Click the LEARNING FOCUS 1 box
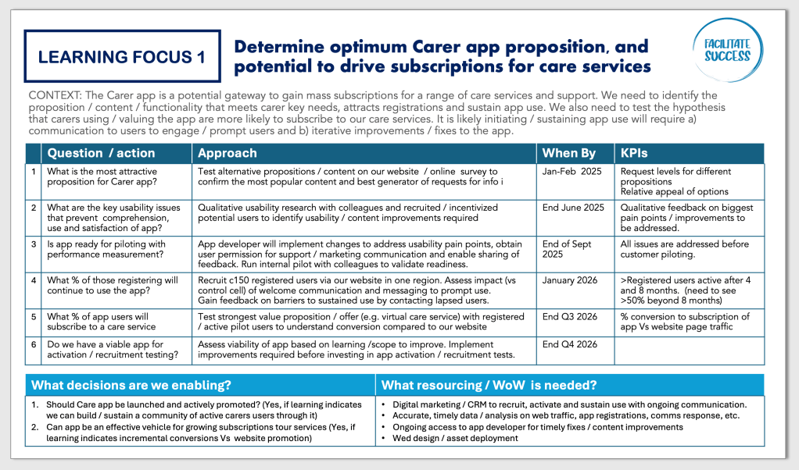coord(122,56)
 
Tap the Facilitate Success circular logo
coord(728,50)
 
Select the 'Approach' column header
coord(228,153)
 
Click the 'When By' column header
coord(568,153)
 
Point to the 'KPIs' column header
coord(634,153)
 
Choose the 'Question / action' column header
coord(101,153)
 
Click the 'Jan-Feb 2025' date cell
coord(571,172)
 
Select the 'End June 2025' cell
coord(573,208)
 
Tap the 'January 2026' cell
coord(570,280)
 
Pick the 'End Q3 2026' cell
coord(570,316)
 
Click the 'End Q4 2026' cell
coord(570,344)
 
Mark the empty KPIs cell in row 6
coord(690,351)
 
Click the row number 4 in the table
coord(34,280)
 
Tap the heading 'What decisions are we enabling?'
coord(131,385)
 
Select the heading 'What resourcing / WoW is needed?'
coord(489,385)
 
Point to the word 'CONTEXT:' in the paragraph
coord(55,95)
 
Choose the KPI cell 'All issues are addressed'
coord(684,249)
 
